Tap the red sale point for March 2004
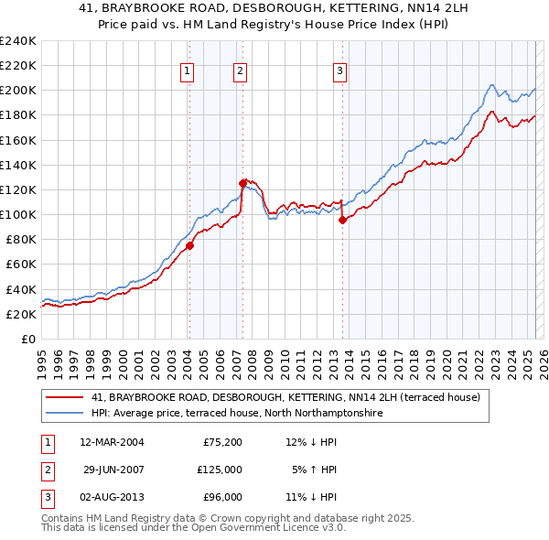tap(189, 245)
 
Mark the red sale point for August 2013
tap(342, 220)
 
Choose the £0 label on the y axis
tap(28, 339)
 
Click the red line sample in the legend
tap(64, 397)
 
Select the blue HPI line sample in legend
tap(64, 414)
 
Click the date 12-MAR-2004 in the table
tap(113, 443)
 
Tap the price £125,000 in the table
tap(221, 470)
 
